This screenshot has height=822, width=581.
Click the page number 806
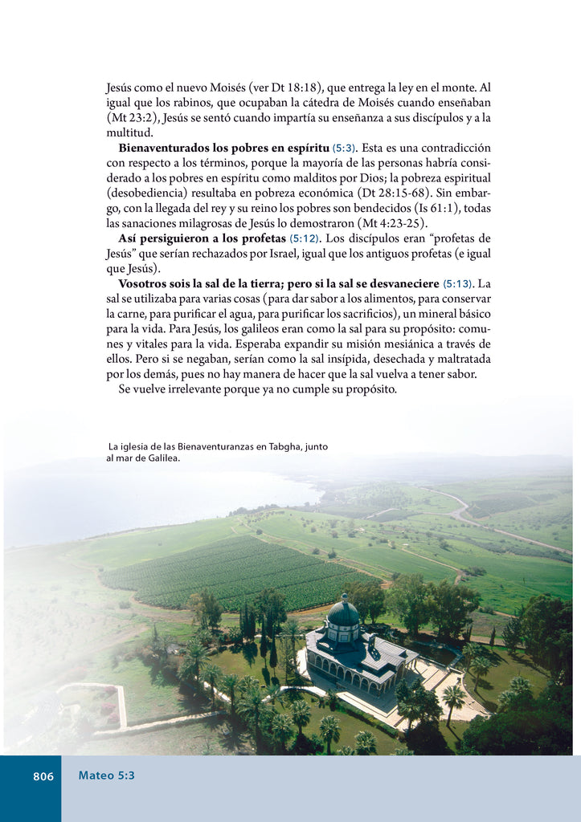[43, 776]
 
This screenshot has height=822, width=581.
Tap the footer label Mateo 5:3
[106, 775]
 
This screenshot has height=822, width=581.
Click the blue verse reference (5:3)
[344, 149]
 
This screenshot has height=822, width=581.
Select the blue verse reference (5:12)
[305, 239]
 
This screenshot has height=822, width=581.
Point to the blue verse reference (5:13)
[457, 284]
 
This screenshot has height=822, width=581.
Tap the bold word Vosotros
[145, 284]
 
